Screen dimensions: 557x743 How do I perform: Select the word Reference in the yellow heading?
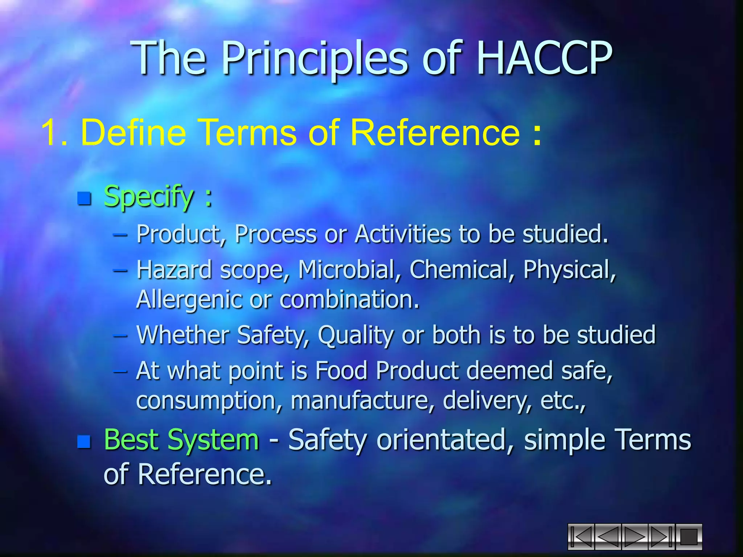pyautogui.click(x=435, y=133)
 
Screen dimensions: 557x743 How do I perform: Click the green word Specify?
pyautogui.click(x=149, y=197)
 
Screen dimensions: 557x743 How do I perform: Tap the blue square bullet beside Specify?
pyautogui.click(x=84, y=198)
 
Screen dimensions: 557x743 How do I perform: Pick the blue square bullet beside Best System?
pyautogui.click(x=84, y=441)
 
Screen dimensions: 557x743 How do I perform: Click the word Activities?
pyautogui.click(x=403, y=234)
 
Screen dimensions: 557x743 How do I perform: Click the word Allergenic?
pyautogui.click(x=188, y=300)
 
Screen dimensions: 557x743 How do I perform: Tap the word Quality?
pyautogui.click(x=356, y=335)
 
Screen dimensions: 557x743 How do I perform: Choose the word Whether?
pyautogui.click(x=183, y=334)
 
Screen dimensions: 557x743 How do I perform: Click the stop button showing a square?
pyautogui.click(x=688, y=537)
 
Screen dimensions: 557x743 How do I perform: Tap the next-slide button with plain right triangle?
pyautogui.click(x=635, y=537)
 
